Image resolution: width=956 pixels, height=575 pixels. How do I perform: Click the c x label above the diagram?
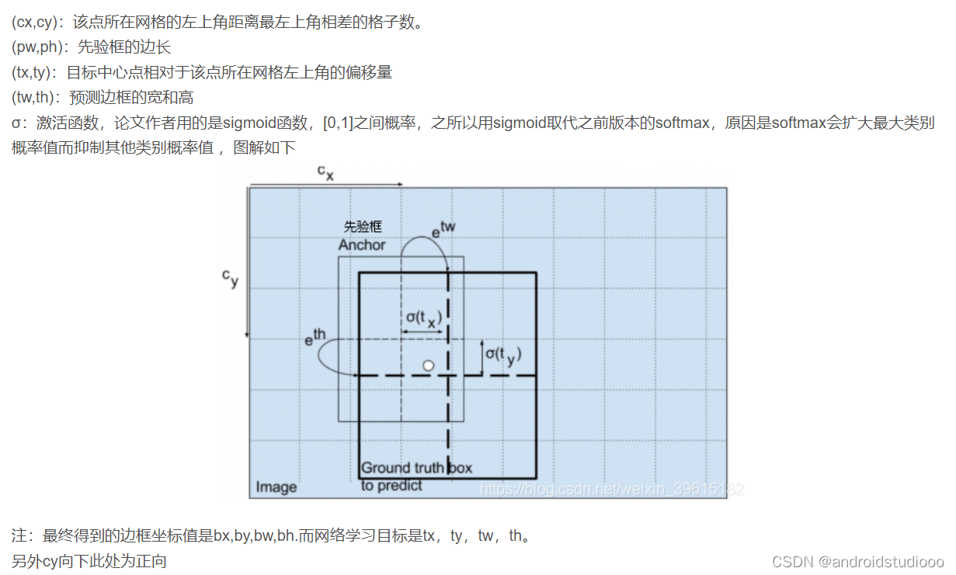coord(325,173)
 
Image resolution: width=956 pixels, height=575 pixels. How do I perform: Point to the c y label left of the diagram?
coord(230,279)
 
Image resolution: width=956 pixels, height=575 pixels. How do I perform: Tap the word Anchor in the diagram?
coord(362,244)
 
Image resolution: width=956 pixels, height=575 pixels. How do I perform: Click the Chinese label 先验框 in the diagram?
coord(363,227)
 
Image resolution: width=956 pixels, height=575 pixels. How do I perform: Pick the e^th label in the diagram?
coord(315,338)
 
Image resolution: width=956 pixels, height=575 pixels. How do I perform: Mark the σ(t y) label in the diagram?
coord(503,355)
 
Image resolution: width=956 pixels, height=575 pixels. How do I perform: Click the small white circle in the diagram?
coord(428,365)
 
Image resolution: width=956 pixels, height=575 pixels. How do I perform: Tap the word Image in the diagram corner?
coord(276,487)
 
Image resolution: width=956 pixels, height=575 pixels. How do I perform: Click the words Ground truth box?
coord(416,468)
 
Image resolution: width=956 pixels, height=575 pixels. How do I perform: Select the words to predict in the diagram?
coord(391,486)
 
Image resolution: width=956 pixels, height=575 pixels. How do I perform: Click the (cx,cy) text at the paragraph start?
coord(37,23)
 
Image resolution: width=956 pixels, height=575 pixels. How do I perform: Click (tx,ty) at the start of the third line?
coord(34,72)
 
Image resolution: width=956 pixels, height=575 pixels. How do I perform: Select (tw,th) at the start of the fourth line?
coord(36,97)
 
